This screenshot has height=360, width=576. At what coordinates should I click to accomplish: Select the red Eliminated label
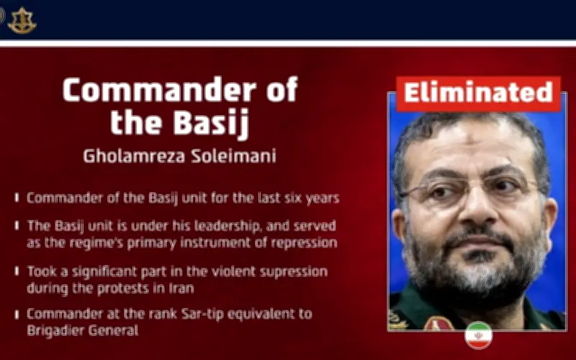click(x=478, y=93)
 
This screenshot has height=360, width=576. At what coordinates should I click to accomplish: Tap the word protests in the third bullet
click(x=120, y=287)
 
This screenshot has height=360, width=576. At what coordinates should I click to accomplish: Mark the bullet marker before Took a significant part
click(x=17, y=271)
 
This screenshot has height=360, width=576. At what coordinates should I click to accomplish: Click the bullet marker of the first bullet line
click(x=17, y=197)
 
